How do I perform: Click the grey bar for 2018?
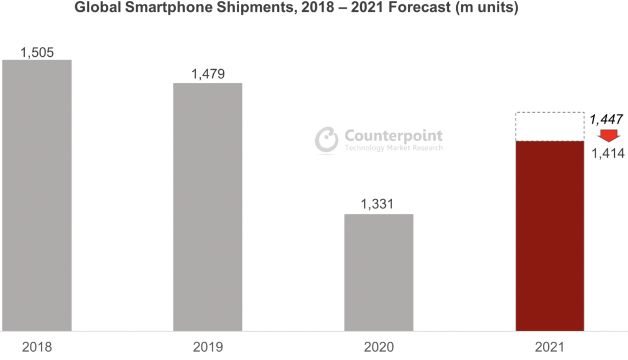coord(37,195)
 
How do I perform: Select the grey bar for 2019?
coord(208,207)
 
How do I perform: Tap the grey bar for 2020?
coord(379,272)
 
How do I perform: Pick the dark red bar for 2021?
coord(550,236)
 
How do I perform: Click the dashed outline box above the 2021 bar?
coord(550,126)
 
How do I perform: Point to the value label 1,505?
coord(37,52)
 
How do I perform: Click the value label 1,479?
coord(208,74)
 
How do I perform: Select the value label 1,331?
coord(377,204)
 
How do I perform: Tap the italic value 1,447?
coord(606,119)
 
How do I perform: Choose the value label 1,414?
coord(608,154)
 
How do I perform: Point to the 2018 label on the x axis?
coord(37,347)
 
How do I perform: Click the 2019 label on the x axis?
coord(208,347)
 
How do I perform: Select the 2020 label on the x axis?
coord(379,347)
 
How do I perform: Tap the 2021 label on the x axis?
coord(549,347)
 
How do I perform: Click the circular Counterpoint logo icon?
coord(327,140)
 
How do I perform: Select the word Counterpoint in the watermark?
coord(393,136)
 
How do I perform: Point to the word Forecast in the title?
coord(419,7)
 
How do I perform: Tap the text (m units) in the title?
coord(486,7)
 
